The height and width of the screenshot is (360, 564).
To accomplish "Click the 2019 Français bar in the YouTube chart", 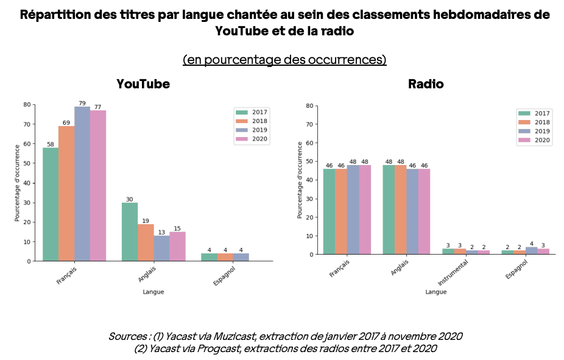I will [x=82, y=183].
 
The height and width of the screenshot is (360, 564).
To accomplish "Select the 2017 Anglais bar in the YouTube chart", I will [x=130, y=231].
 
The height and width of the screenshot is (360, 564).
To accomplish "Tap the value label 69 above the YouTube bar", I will [x=66, y=123].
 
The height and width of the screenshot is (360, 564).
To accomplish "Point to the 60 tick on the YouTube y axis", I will [x=27, y=144].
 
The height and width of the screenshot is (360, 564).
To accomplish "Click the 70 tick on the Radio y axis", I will [x=309, y=124].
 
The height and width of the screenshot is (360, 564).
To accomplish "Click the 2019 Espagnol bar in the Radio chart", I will [x=531, y=250].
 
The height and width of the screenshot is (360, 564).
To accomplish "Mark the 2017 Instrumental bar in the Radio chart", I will [x=448, y=251].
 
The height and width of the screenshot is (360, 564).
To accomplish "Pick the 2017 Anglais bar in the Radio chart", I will [x=389, y=210].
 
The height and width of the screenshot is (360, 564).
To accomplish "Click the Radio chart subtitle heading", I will [x=426, y=84].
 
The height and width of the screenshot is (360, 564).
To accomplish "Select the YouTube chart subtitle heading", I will [x=143, y=84].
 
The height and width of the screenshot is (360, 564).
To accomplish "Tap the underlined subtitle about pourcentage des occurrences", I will [x=284, y=60].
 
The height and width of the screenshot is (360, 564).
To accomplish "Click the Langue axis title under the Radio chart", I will [x=435, y=292].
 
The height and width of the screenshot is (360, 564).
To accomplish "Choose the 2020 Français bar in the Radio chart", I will [x=365, y=210].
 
